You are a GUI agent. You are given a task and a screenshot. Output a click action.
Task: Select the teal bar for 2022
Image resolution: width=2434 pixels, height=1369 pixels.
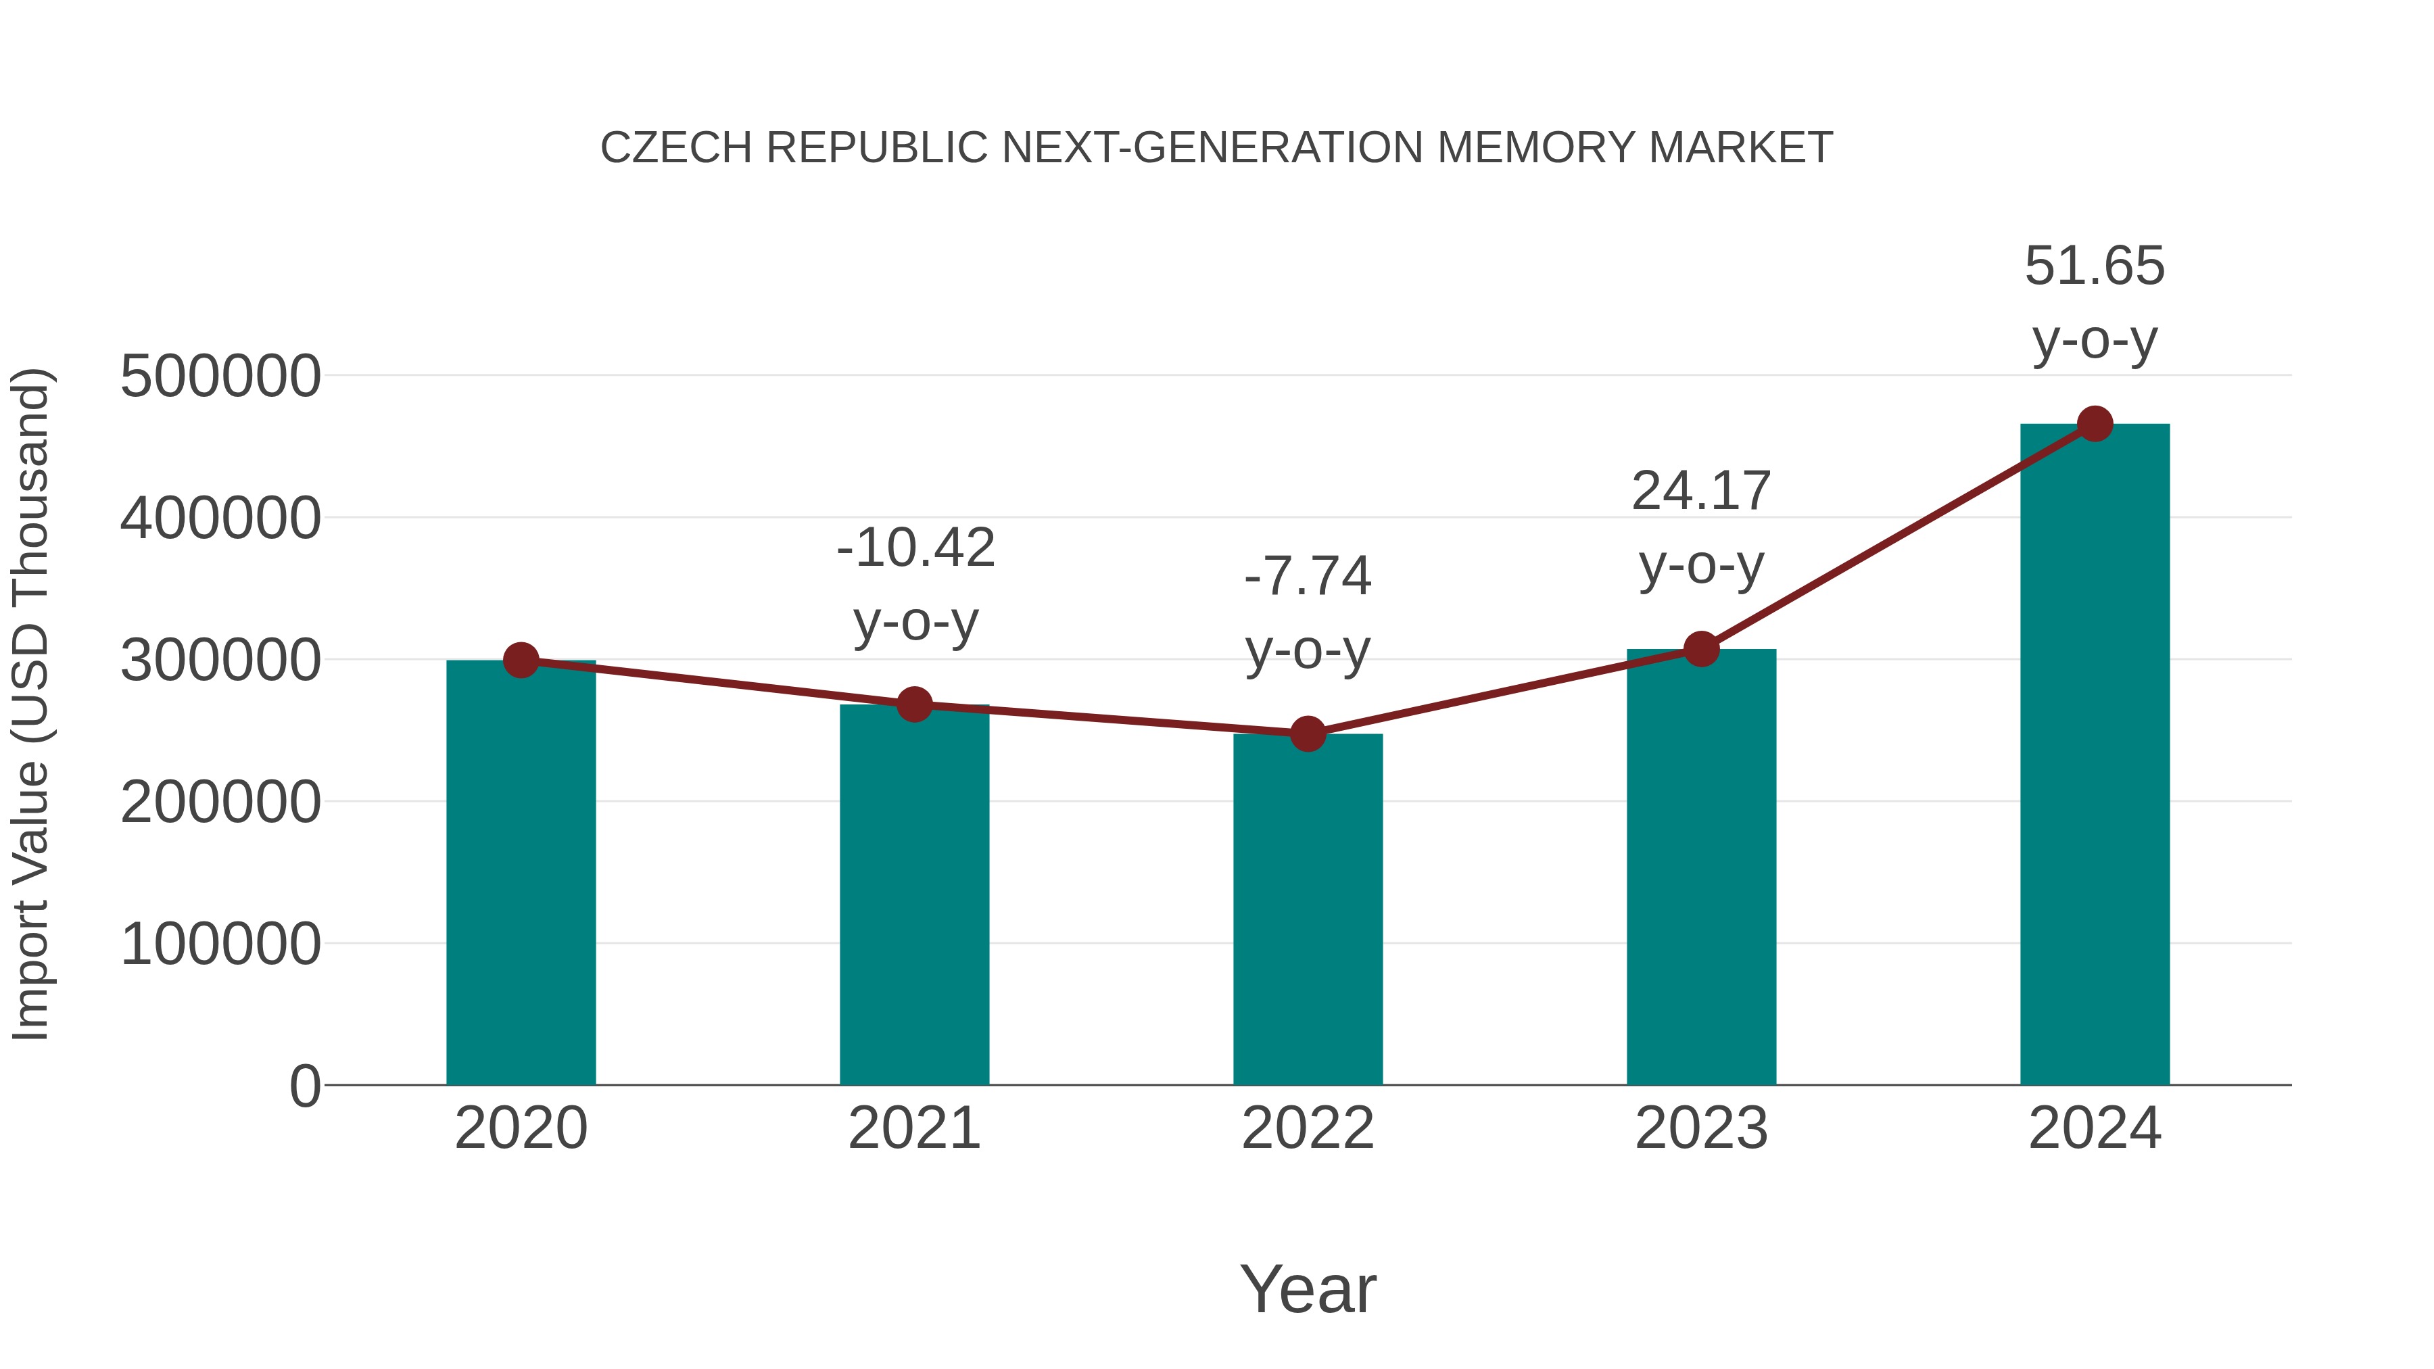(1308, 912)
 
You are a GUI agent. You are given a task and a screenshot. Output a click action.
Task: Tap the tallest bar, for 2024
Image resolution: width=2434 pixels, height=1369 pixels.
(2095, 756)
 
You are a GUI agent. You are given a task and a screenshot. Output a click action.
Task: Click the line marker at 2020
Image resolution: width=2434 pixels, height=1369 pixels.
(521, 661)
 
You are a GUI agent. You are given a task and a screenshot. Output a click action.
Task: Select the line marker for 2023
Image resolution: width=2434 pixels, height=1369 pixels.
(1701, 649)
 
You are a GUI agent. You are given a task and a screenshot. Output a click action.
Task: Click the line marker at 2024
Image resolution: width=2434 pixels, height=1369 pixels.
(2095, 423)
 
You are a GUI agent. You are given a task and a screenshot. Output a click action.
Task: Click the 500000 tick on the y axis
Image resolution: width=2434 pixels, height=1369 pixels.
(220, 376)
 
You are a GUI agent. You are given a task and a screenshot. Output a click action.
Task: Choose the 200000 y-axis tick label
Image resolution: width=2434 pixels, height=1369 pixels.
(220, 802)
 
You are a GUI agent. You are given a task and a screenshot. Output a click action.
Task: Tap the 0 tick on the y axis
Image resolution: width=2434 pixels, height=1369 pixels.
(304, 1086)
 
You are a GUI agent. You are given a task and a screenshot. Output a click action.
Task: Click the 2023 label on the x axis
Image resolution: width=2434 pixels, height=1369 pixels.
(1701, 1128)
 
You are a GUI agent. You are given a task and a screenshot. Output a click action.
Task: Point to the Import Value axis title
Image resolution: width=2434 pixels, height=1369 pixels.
(30, 704)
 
